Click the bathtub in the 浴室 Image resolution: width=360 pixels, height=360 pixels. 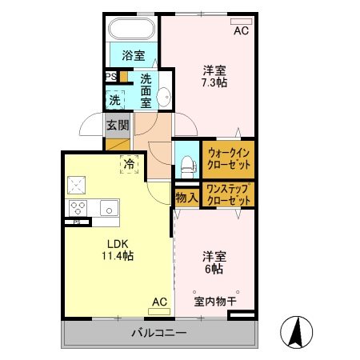(x=133, y=30)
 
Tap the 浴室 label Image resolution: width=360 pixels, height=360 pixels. (x=133, y=55)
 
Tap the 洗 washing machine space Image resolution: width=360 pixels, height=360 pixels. (x=115, y=101)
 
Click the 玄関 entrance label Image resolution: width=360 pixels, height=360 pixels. (x=115, y=126)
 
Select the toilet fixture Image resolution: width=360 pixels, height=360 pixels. (x=186, y=163)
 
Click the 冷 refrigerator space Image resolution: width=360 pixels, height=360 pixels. (x=130, y=164)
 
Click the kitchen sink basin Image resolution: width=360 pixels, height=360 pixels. (x=106, y=208)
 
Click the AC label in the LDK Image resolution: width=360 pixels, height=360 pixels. (x=159, y=302)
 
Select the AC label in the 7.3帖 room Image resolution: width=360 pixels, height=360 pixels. (x=241, y=31)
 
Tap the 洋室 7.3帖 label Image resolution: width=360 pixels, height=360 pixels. (x=212, y=76)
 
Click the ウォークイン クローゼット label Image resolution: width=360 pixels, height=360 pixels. (x=229, y=158)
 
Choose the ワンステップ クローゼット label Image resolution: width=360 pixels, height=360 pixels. (x=228, y=194)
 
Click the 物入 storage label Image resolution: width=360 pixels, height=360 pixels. (x=186, y=198)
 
